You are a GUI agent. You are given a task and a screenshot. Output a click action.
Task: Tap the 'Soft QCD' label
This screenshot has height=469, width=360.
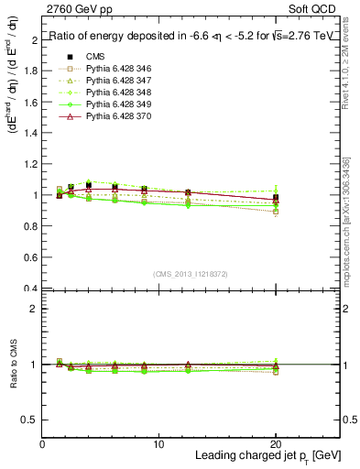[x=316, y=9]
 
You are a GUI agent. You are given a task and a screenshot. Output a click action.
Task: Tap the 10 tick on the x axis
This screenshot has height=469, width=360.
[x=158, y=444]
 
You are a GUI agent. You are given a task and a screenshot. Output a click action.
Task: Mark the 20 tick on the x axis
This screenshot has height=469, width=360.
[x=276, y=444]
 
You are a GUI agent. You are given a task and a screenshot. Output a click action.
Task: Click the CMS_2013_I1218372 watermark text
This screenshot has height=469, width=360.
[x=191, y=274]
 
